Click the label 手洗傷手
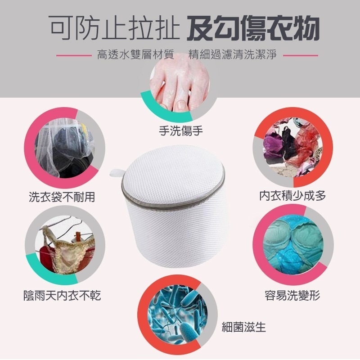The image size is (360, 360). coord(181,131)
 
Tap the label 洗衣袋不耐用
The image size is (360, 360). coord(62,197)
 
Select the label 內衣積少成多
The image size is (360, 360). coord(292,196)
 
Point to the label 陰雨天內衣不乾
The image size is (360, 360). coord(62,295)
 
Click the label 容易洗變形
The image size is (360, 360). coord(292,296)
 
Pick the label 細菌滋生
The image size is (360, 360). coord(244,327)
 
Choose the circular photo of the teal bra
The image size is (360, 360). coord(292,245)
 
